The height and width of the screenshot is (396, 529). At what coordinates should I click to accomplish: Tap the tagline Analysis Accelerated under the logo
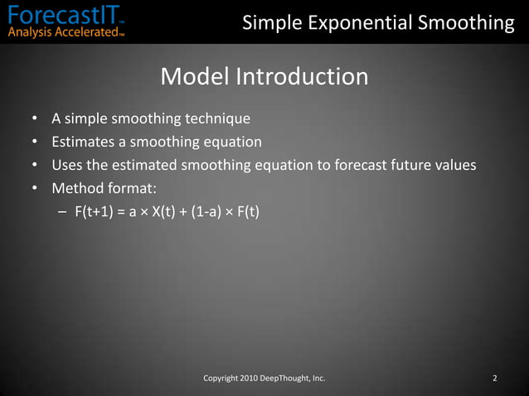tap(62, 33)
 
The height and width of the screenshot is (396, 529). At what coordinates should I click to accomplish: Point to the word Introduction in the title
tap(302, 77)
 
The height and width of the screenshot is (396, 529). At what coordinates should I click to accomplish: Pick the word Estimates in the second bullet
tap(82, 141)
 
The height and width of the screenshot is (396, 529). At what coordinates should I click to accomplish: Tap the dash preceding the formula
tap(63, 212)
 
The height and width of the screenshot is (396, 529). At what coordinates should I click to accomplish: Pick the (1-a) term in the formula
tap(206, 212)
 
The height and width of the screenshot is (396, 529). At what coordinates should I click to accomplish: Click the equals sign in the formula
tap(121, 212)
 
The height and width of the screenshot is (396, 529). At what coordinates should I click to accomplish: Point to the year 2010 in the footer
tap(247, 379)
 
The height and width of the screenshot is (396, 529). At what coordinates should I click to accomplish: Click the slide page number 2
tap(494, 379)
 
